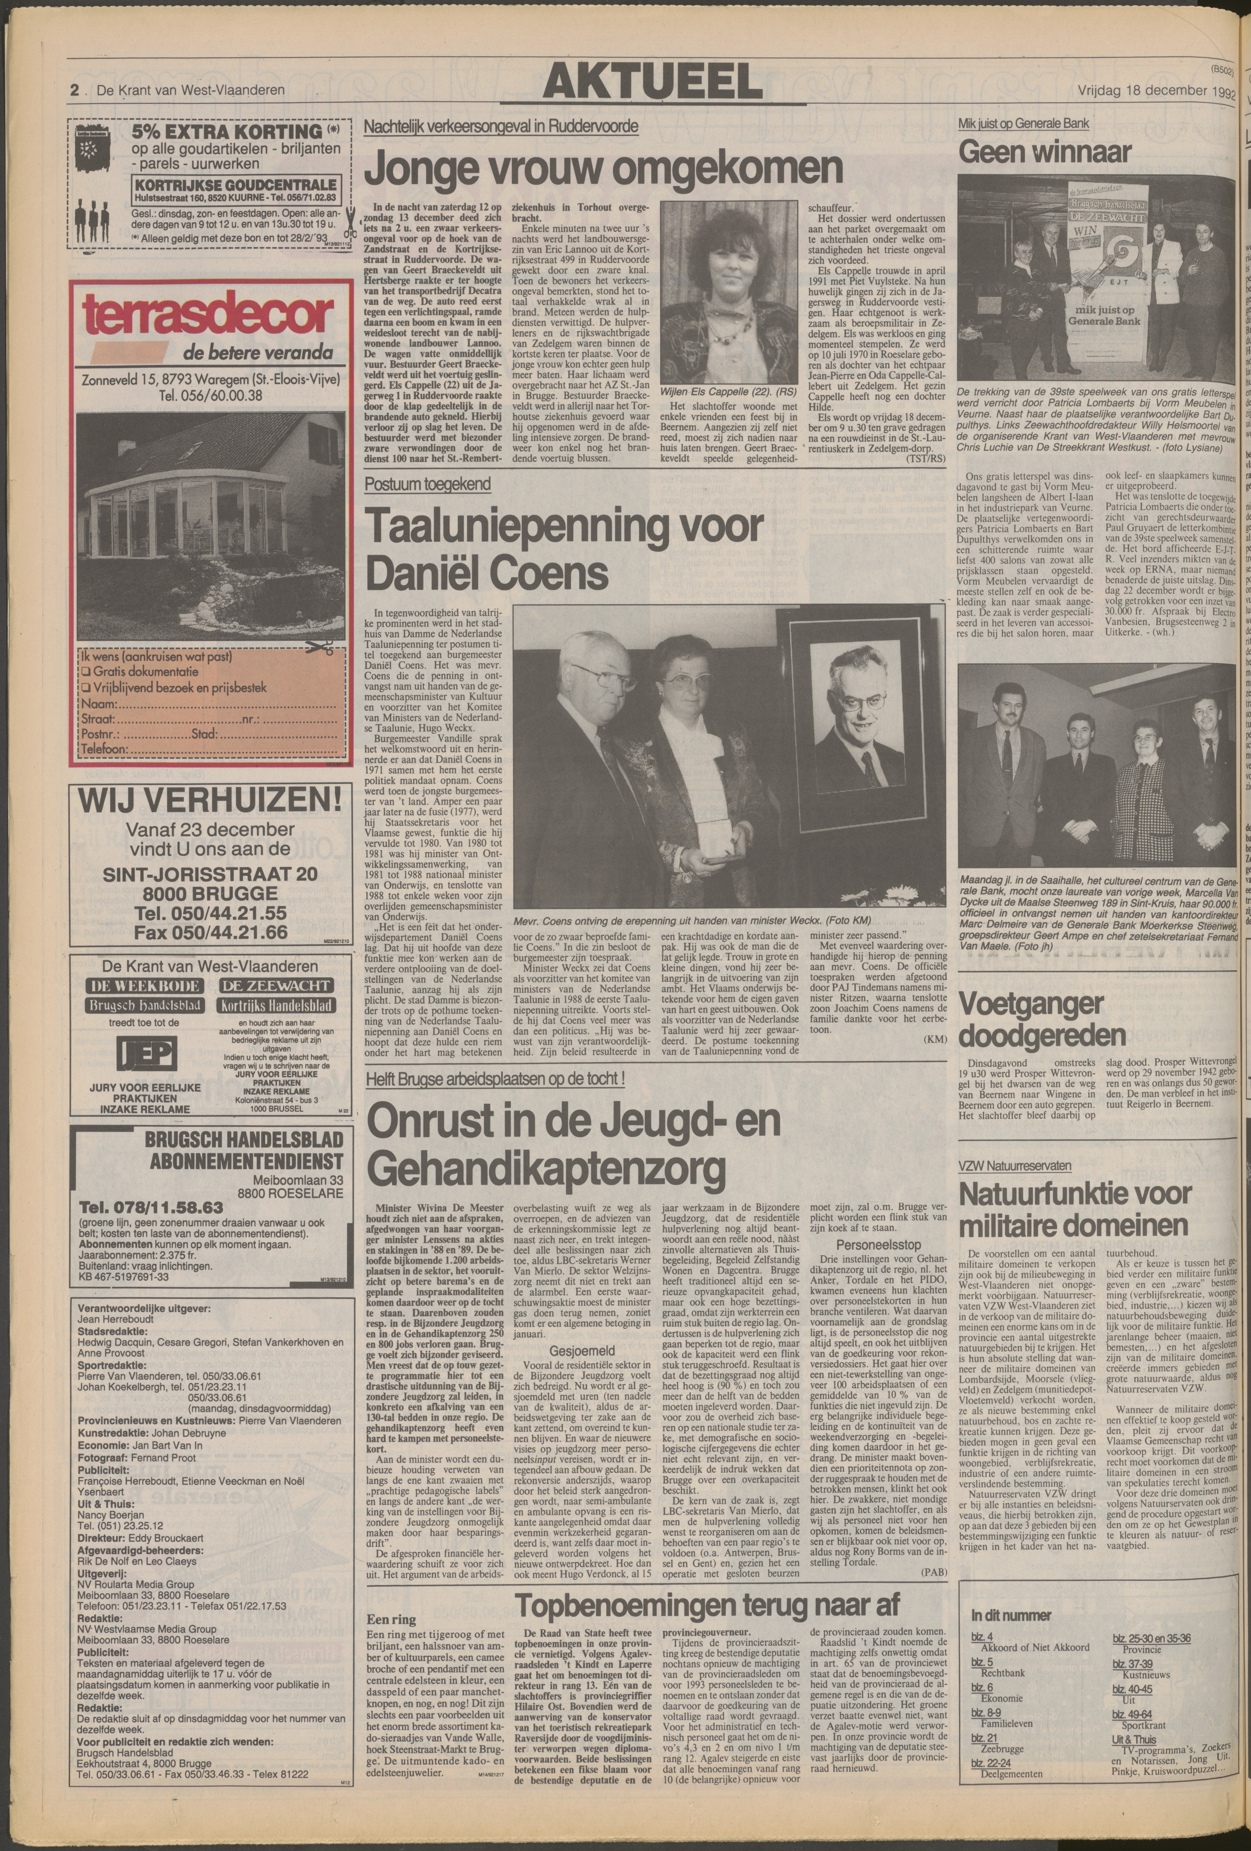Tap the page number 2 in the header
(74, 91)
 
